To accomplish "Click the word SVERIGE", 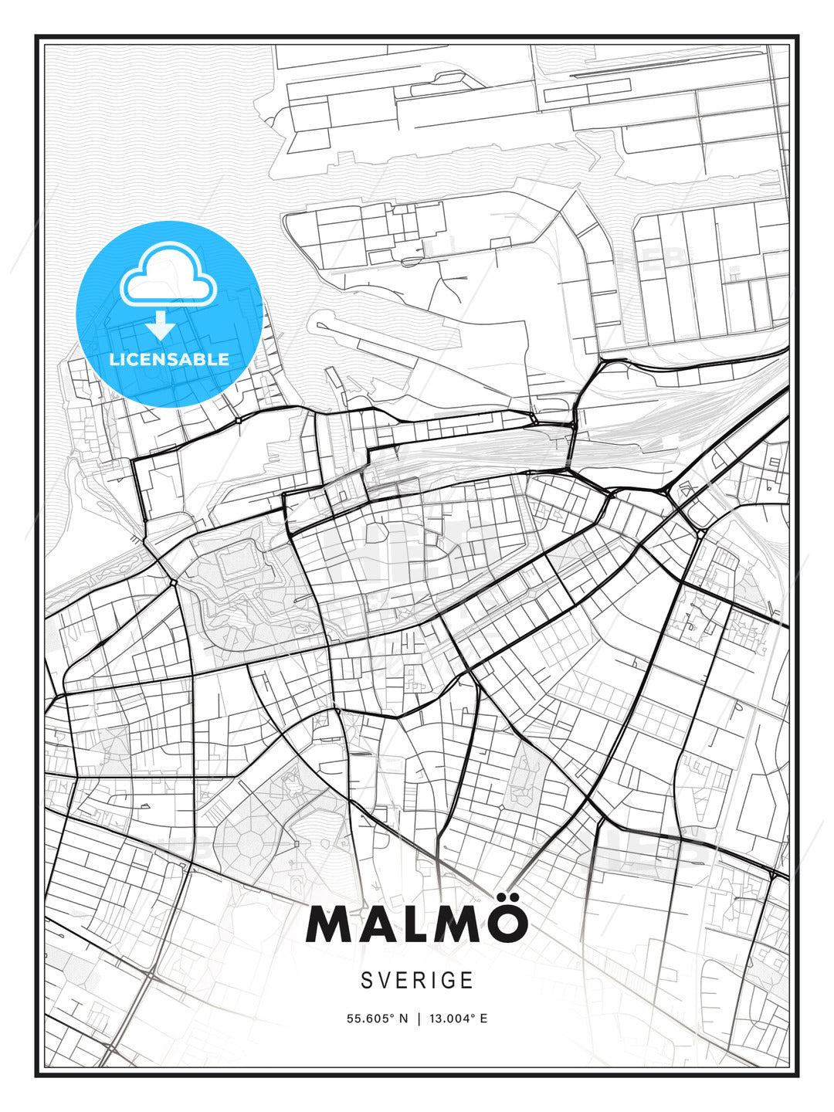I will (417, 980).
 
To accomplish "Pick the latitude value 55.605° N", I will (377, 1019).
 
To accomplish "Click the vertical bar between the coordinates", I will (418, 1019).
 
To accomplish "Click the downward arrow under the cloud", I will (161, 326).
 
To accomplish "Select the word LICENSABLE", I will (169, 359).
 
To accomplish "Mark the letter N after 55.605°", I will (402, 1019).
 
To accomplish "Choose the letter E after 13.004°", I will (483, 1019).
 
